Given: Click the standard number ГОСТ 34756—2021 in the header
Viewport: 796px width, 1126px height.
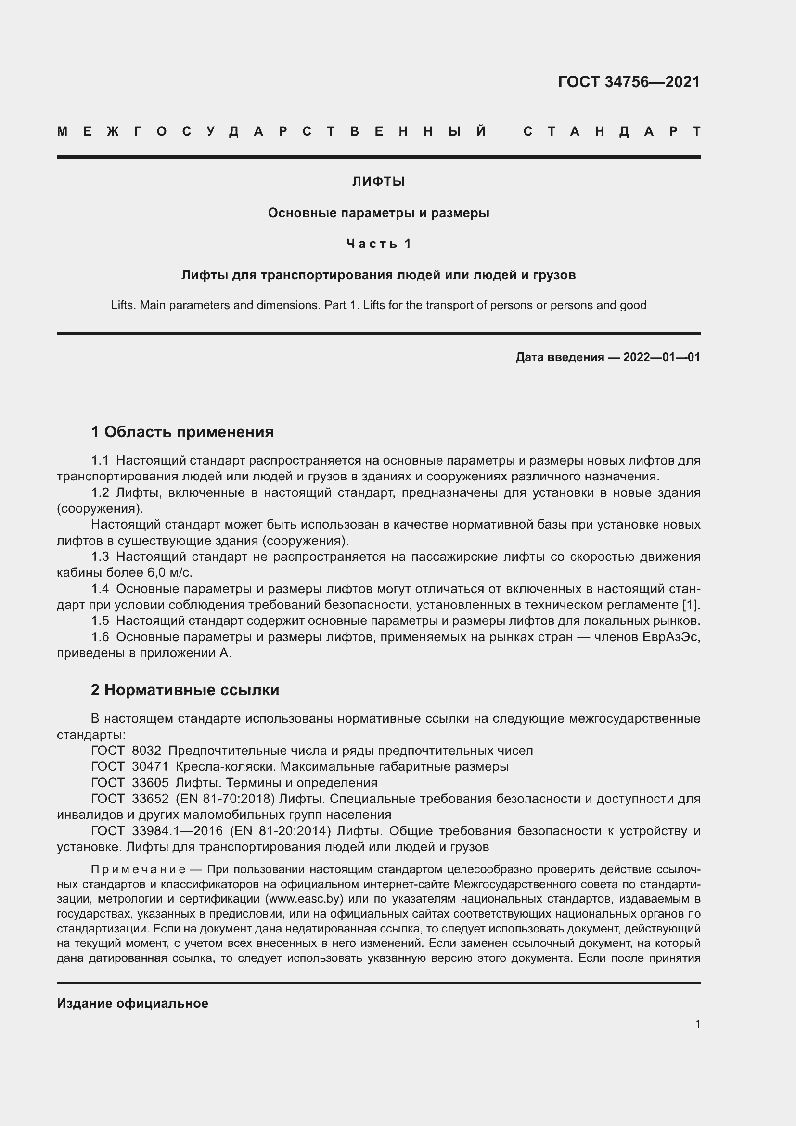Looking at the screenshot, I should pos(629,82).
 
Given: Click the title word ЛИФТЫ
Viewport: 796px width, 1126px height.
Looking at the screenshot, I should pos(378,182).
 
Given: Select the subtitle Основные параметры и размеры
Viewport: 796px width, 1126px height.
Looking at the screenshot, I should pos(378,213).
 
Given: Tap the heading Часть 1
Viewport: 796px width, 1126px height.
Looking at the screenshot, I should pos(378,244).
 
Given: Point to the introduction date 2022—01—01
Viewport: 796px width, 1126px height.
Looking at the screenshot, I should pos(662,357).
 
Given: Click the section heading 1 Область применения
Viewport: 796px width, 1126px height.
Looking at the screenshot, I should pos(182,432).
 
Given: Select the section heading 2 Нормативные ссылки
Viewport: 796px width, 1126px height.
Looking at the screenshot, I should pos(185,690).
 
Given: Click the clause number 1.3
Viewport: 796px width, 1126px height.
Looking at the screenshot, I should pos(100,557).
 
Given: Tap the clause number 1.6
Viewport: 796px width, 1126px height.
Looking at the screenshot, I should pos(100,637).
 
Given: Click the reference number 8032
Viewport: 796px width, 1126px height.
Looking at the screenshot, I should pos(147,751).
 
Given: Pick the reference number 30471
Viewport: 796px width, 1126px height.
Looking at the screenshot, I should pos(150,766).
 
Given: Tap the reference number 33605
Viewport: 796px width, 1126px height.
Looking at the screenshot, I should pos(150,783).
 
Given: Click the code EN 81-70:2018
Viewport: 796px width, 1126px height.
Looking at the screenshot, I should pos(225,799).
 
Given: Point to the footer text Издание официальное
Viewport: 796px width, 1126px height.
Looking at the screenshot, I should pos(132,1003).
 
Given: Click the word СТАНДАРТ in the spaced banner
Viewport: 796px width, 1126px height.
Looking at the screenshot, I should pos(612,131).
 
